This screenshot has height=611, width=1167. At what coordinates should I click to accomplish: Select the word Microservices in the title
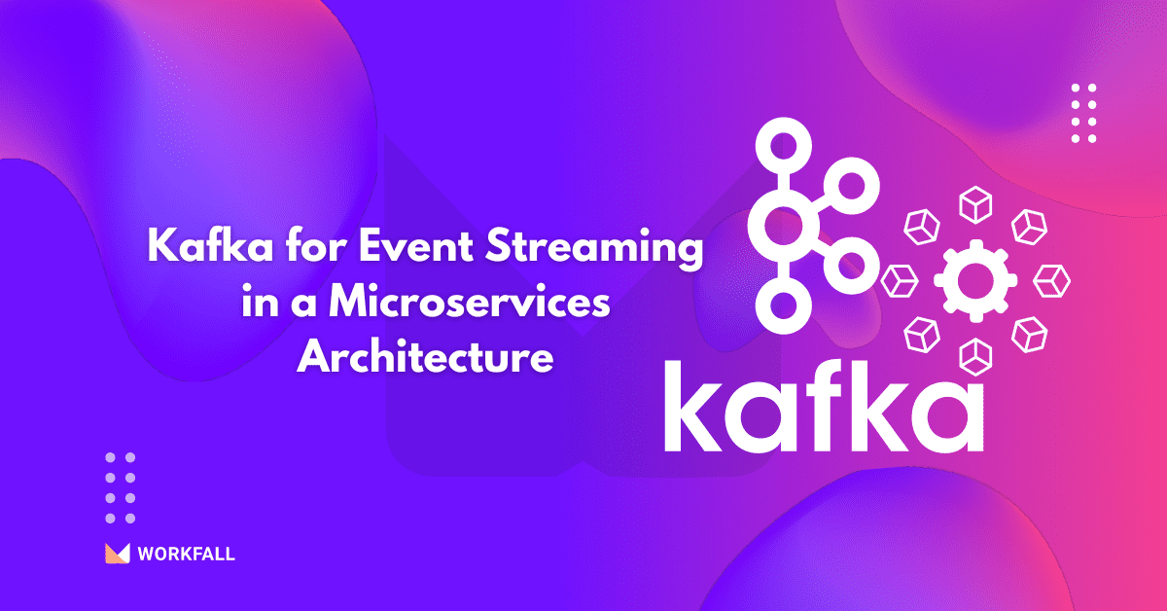pos(469,304)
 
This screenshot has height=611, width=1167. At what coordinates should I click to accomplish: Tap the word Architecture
pos(425,356)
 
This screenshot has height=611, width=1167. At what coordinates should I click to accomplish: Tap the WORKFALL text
pos(186,556)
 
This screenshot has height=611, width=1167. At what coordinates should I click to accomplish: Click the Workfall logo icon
pos(118,554)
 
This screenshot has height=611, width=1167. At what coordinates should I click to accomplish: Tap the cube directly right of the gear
pos(1051,281)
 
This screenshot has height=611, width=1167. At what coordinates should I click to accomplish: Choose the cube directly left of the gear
pos(900,281)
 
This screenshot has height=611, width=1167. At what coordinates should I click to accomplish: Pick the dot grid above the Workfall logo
pos(121,487)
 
